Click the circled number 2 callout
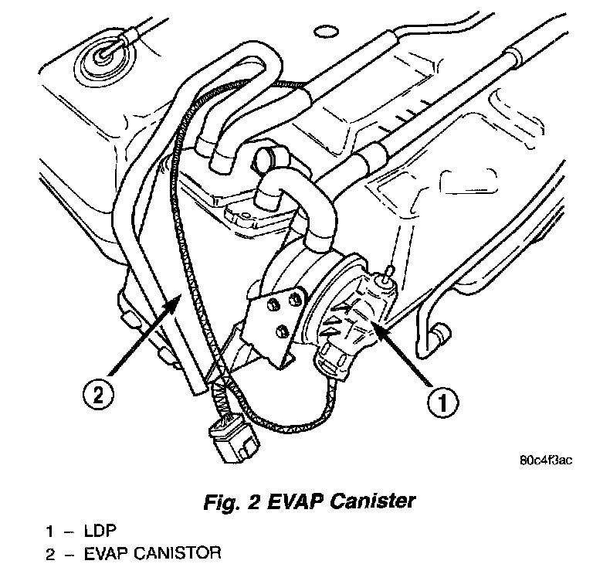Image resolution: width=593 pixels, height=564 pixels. (x=98, y=395)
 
